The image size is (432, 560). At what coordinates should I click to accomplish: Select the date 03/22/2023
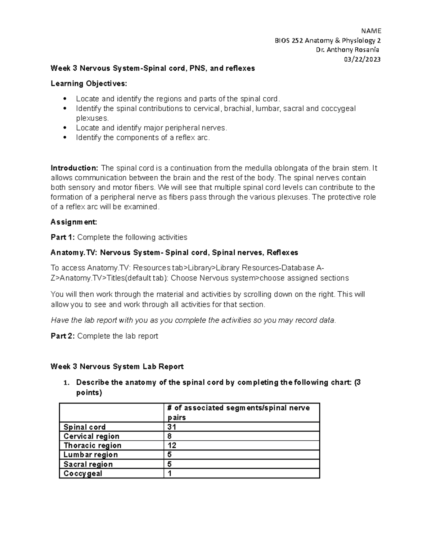(362, 59)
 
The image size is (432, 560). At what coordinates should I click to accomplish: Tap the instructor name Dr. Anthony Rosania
(347, 50)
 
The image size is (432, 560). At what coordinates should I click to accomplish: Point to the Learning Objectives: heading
(89, 84)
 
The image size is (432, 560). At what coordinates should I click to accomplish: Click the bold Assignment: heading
(74, 222)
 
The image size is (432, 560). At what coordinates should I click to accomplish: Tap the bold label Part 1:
(63, 237)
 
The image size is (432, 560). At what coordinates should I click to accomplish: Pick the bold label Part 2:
(63, 336)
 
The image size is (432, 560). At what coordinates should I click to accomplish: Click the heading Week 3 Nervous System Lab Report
(117, 367)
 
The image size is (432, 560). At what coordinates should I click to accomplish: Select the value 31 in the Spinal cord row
(172, 427)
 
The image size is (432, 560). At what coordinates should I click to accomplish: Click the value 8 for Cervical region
(170, 436)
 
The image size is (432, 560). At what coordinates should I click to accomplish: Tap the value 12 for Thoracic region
(172, 446)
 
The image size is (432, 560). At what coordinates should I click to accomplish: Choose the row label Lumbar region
(91, 455)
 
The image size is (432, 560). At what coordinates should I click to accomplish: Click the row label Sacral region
(88, 464)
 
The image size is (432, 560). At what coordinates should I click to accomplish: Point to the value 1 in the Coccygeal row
(170, 473)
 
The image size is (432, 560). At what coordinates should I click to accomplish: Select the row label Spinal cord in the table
(85, 427)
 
